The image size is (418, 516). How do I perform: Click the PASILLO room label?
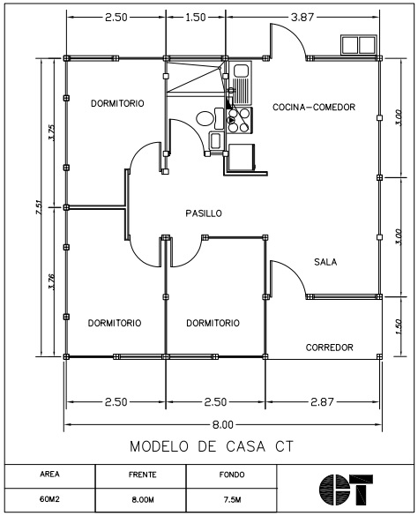click(204, 213)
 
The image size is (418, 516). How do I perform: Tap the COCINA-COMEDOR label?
click(314, 107)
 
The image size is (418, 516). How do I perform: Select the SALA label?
click(325, 262)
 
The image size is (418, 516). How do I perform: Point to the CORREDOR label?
click(330, 348)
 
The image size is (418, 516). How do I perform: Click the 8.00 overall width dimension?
click(222, 424)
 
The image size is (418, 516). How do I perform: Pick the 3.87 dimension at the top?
click(302, 17)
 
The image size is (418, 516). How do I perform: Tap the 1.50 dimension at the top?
click(196, 17)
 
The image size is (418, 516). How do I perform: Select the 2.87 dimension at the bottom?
click(322, 402)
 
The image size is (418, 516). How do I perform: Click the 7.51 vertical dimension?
click(39, 207)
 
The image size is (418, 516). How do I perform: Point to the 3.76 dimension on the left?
click(51, 281)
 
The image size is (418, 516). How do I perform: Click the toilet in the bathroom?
click(210, 118)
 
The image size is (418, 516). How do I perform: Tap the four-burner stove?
click(239, 120)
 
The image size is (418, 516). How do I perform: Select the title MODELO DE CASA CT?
click(212, 446)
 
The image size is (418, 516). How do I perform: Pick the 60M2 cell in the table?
click(49, 499)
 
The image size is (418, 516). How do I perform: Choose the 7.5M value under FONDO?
click(232, 499)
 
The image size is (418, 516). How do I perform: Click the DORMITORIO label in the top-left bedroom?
click(117, 103)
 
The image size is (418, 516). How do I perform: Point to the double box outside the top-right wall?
click(358, 45)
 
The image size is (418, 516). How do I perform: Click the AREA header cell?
click(50, 475)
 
